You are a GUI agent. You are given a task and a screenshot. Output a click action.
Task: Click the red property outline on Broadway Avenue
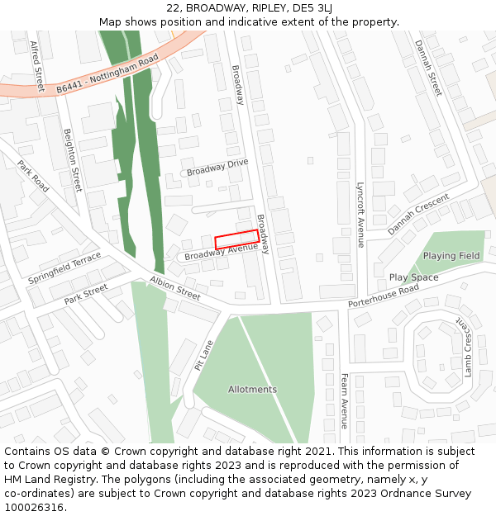pyautogui.click(x=236, y=239)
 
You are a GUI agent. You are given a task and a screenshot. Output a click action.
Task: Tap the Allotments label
pyautogui.click(x=252, y=389)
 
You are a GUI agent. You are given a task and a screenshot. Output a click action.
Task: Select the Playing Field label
pyautogui.click(x=451, y=256)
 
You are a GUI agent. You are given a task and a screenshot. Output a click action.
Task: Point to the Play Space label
pyautogui.click(x=413, y=277)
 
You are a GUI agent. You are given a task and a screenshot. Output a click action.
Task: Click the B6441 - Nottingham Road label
pyautogui.click(x=107, y=74)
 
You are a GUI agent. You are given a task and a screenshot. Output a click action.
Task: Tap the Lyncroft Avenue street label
pyautogui.click(x=360, y=215)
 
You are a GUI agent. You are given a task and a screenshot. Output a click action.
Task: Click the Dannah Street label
pyautogui.click(x=428, y=68)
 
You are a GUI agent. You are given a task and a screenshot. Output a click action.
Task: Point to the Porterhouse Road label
pyautogui.click(x=384, y=294)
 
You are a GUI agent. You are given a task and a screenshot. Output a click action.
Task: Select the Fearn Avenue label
pyautogui.click(x=344, y=401)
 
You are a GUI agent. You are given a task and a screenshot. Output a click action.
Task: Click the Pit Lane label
pyautogui.click(x=203, y=355)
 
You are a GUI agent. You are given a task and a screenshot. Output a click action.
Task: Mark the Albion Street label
pyautogui.click(x=175, y=288)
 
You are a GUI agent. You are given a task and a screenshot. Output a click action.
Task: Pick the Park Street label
pyautogui.click(x=86, y=294)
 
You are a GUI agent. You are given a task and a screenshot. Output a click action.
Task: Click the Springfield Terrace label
pyautogui.click(x=64, y=268)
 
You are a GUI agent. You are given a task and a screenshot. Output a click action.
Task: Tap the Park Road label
pyautogui.click(x=33, y=176)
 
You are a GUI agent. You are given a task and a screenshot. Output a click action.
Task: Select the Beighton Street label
pyautogui.click(x=73, y=160)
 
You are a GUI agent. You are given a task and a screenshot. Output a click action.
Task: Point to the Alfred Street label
pyautogui.click(x=37, y=66)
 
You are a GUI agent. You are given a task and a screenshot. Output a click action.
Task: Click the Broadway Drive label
pyautogui.click(x=217, y=167)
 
